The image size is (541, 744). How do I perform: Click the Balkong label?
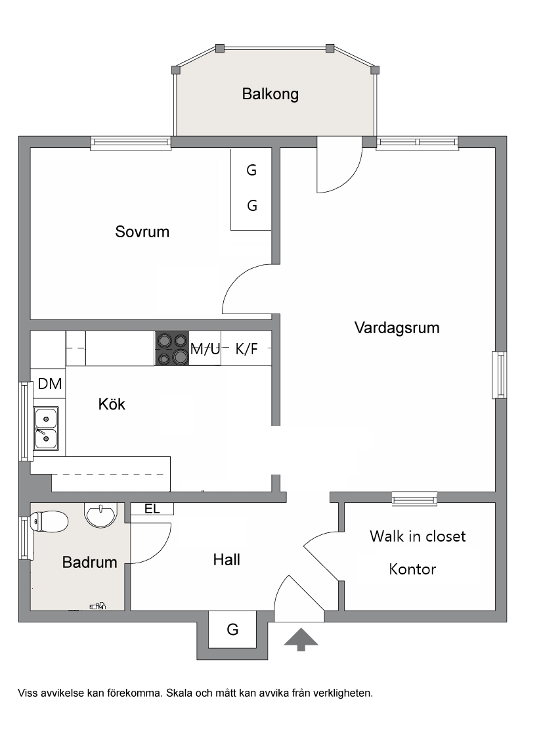coord(270,94)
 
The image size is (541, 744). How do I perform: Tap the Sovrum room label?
coord(142,231)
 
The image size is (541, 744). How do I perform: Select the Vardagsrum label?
coord(397,328)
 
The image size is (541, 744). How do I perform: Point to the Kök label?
coord(112,404)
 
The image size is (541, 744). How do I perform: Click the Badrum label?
coord(89,562)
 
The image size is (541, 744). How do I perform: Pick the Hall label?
coord(227,560)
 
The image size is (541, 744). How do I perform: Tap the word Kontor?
coord(412,569)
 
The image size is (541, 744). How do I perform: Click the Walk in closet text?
coord(418,536)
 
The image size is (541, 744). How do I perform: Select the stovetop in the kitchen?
coord(171,348)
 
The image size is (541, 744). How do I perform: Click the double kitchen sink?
coord(47,429)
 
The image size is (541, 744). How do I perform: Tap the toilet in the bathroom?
coord(49,521)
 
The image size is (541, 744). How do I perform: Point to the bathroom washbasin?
coord(100,515)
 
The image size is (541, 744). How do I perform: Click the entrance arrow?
coord(301,639)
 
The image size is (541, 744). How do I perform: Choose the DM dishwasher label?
coord(50,383)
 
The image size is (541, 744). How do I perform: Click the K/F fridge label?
coord(247,349)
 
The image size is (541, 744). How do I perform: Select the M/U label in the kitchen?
coord(206,349)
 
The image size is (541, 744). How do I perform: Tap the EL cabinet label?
coord(152,509)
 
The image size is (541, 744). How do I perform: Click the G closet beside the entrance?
coord(232,630)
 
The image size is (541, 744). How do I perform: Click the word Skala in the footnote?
coord(179,693)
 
